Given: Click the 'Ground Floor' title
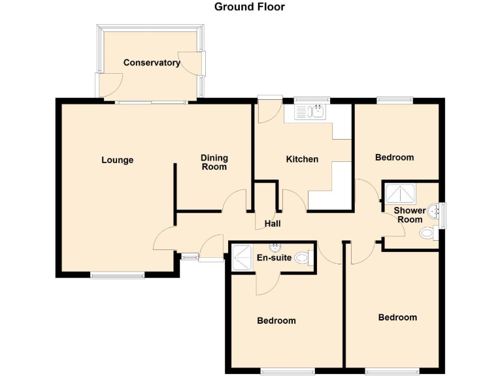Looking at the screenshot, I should [250, 7].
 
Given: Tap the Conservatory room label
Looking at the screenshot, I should [152, 63].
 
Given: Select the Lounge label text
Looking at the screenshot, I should [118, 160].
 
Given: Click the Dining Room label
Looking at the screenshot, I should [214, 162].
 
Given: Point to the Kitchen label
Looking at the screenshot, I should [302, 159].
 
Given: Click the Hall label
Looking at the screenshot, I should [273, 224].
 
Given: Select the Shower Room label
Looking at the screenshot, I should [409, 215].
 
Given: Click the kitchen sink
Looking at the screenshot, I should [310, 113].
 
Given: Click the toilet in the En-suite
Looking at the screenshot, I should [303, 258].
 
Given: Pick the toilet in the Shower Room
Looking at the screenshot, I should [428, 233].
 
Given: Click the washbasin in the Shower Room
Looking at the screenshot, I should [433, 212].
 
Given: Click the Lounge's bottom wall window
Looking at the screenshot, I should [117, 275].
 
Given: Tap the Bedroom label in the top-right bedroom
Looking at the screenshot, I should [394, 157].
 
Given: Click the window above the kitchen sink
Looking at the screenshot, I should [311, 100].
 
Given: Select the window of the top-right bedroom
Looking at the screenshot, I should [394, 100].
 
